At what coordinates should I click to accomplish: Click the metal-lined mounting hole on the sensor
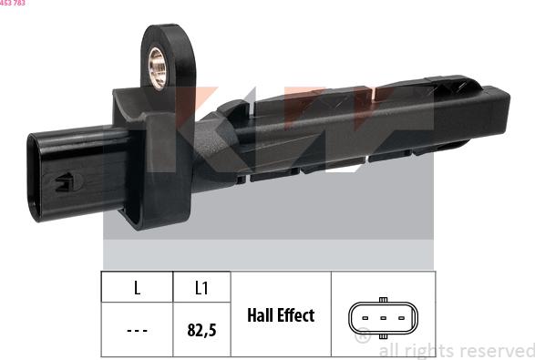tap(159, 67)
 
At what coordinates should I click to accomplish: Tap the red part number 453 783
tap(13, 4)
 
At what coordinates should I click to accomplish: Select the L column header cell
tap(137, 288)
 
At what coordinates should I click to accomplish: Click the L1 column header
tap(201, 288)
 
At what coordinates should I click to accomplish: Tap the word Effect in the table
tap(297, 315)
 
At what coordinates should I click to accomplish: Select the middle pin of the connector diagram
tap(383, 319)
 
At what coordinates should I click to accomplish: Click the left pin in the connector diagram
tap(365, 319)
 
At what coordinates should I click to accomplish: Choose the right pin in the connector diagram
tap(401, 319)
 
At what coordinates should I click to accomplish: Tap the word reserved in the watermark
tap(496, 350)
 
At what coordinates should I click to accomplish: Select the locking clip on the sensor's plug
tap(67, 181)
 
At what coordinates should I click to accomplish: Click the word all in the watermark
tap(389, 350)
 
